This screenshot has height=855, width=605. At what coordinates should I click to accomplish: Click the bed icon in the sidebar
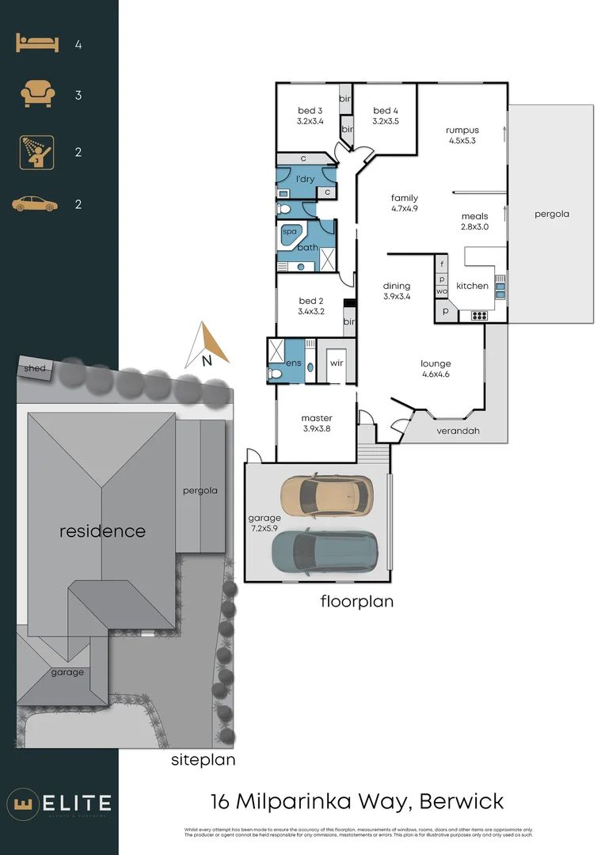tap(37, 44)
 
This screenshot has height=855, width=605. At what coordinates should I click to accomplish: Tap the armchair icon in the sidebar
tap(37, 95)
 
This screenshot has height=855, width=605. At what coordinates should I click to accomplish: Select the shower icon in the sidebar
tap(37, 152)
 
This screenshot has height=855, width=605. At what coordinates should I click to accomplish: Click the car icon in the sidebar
tap(35, 204)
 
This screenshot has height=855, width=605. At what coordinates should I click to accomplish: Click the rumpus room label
tap(462, 130)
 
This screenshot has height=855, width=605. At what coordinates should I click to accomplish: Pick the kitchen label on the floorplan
tap(472, 286)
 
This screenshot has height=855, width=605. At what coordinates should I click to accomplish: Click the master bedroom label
tap(317, 418)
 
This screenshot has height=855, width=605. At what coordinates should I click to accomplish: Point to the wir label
tap(336, 363)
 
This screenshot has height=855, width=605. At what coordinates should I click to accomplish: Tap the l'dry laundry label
tap(305, 179)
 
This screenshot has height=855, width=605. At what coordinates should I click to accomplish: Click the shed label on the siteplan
tap(35, 368)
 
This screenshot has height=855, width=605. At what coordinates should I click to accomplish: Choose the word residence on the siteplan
tap(102, 530)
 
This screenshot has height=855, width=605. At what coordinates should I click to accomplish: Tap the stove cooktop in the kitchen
tap(479, 316)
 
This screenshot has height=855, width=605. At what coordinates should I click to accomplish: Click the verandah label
tap(459, 431)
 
